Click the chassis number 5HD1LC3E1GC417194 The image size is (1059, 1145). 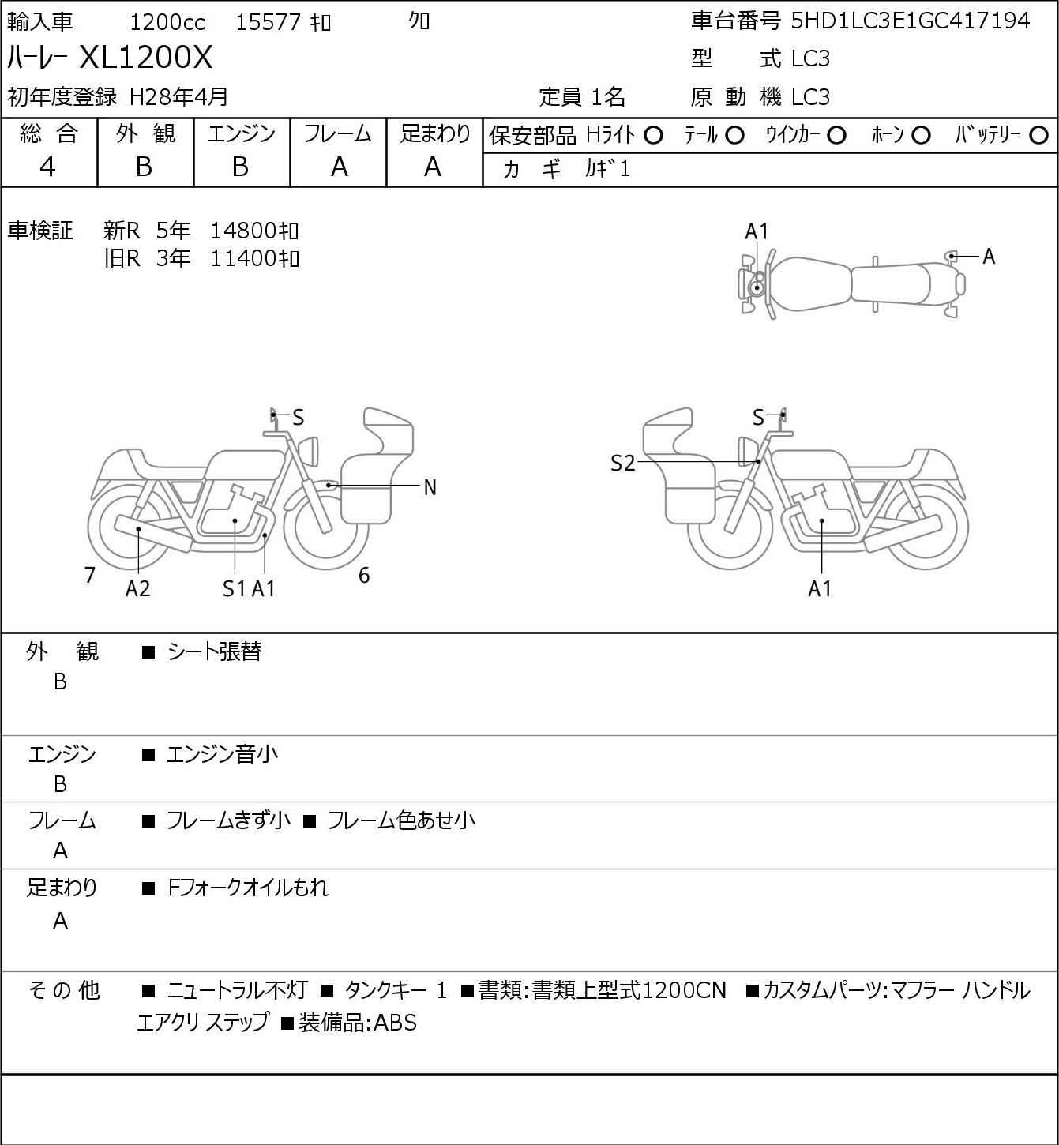[x=911, y=21]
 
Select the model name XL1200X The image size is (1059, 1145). [x=145, y=57]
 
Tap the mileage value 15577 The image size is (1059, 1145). [x=269, y=22]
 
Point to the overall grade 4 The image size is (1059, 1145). [x=47, y=167]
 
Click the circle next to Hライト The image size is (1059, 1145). [x=653, y=136]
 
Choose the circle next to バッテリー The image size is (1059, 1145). [x=1038, y=136]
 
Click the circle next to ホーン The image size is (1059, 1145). [x=921, y=136]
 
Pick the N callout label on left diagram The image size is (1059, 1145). [x=430, y=488]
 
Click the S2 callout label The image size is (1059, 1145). [x=623, y=463]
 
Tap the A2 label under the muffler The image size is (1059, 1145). [x=138, y=588]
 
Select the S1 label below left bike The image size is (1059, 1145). [x=235, y=588]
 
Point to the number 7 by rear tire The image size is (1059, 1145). [x=89, y=575]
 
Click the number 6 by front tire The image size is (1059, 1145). [x=364, y=575]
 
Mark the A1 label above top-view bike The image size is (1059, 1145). [x=757, y=232]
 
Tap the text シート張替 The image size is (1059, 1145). [x=215, y=651]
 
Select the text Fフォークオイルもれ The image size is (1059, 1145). [x=248, y=888]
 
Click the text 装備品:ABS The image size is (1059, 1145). [x=358, y=1022]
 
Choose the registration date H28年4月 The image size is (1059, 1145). [x=178, y=97]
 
